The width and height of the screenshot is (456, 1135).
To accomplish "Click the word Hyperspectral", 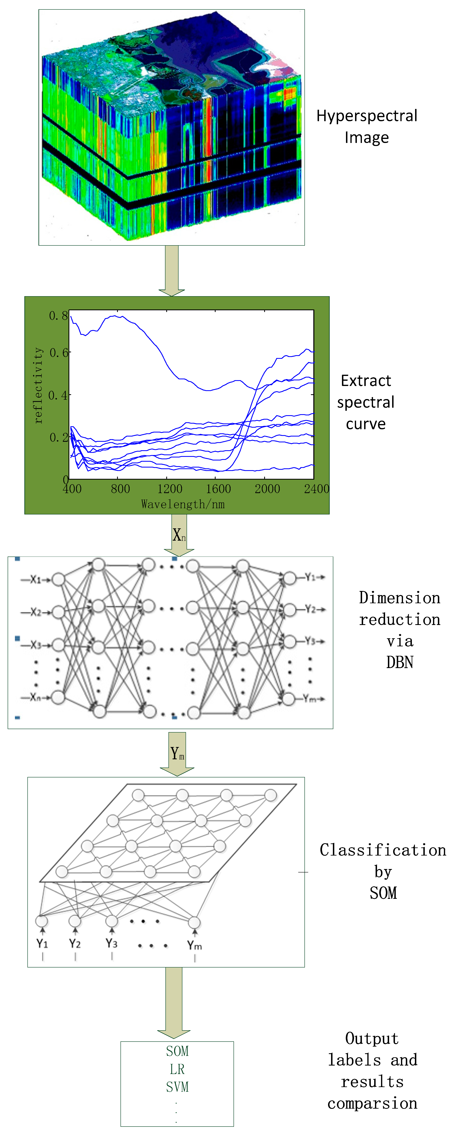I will [367, 116].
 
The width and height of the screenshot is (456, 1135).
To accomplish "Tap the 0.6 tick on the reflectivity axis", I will [59, 353].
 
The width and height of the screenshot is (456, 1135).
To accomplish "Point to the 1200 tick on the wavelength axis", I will [170, 489].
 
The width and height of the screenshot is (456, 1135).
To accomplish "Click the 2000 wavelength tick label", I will [267, 489].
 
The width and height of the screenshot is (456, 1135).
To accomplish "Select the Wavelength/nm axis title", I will [183, 504].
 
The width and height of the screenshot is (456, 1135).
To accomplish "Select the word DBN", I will [400, 662].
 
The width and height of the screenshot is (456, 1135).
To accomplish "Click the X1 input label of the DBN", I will [35, 579].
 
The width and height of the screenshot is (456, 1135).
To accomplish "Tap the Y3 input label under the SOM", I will [112, 943].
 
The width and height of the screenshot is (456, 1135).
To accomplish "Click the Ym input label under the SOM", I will [194, 945].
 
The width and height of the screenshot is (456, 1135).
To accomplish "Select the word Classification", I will [383, 850].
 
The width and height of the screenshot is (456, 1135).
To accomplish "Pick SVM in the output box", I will [177, 1087].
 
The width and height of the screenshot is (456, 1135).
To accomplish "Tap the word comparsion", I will [372, 1103].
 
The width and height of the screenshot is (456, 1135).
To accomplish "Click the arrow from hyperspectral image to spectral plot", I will [171, 270].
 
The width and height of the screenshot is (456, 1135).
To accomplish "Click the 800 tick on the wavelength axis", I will [120, 489].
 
